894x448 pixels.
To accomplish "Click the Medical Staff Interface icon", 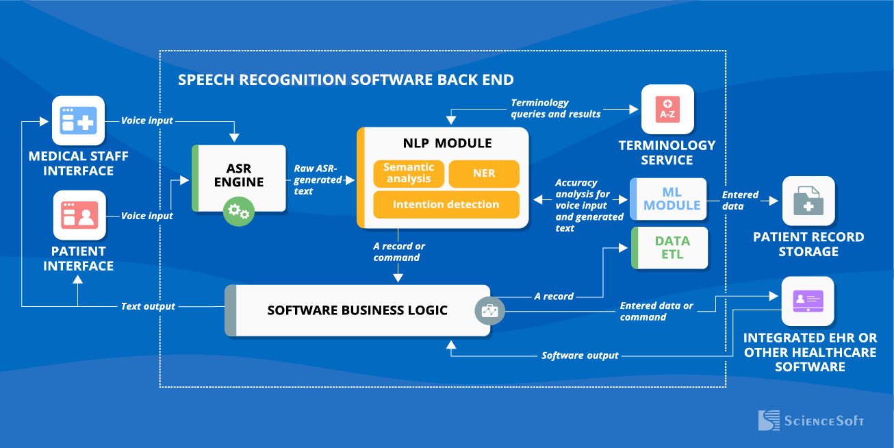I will [79, 121].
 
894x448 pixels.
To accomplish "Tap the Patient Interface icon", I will [79, 215].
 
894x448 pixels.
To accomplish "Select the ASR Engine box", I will [239, 177].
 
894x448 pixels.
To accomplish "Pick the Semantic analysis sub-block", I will [409, 173].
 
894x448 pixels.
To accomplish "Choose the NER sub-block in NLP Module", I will [483, 173].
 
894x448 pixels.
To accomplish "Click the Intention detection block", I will [446, 204].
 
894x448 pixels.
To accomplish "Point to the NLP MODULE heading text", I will [447, 143].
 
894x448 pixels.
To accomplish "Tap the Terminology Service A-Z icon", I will [667, 110].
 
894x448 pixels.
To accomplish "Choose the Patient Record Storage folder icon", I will [808, 201].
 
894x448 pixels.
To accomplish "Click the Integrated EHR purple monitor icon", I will [808, 301].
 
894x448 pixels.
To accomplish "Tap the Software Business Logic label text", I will [357, 310].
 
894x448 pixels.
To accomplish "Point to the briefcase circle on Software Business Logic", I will [490, 310].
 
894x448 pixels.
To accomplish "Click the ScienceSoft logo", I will [811, 420].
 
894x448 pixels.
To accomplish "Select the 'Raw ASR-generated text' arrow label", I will [318, 179].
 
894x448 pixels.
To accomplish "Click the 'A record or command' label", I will [399, 252].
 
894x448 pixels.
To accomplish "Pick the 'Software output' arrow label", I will [580, 356].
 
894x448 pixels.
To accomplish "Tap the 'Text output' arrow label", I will [148, 306].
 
